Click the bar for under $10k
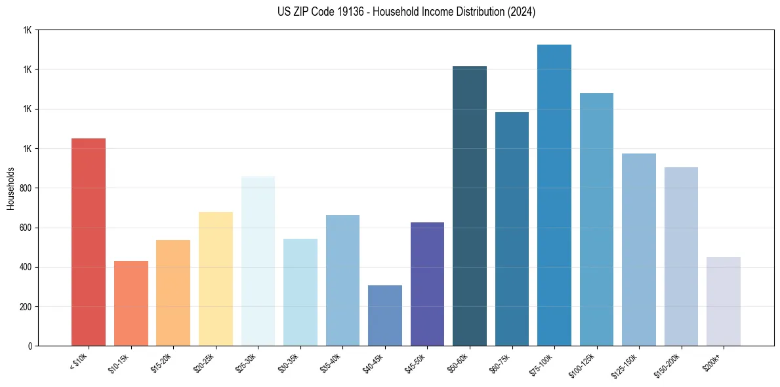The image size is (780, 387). (x=89, y=242)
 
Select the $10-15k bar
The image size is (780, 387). (x=131, y=303)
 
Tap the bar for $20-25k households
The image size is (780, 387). (x=216, y=279)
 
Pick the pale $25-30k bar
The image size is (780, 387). (x=258, y=261)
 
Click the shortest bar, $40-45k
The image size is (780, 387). (x=385, y=316)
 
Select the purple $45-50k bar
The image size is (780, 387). (x=427, y=284)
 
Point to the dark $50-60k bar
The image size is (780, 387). (x=470, y=206)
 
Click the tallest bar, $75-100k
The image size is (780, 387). (x=554, y=195)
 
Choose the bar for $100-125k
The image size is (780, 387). (x=596, y=220)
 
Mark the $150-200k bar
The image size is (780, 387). (x=681, y=256)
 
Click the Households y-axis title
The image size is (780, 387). (x=10, y=188)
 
